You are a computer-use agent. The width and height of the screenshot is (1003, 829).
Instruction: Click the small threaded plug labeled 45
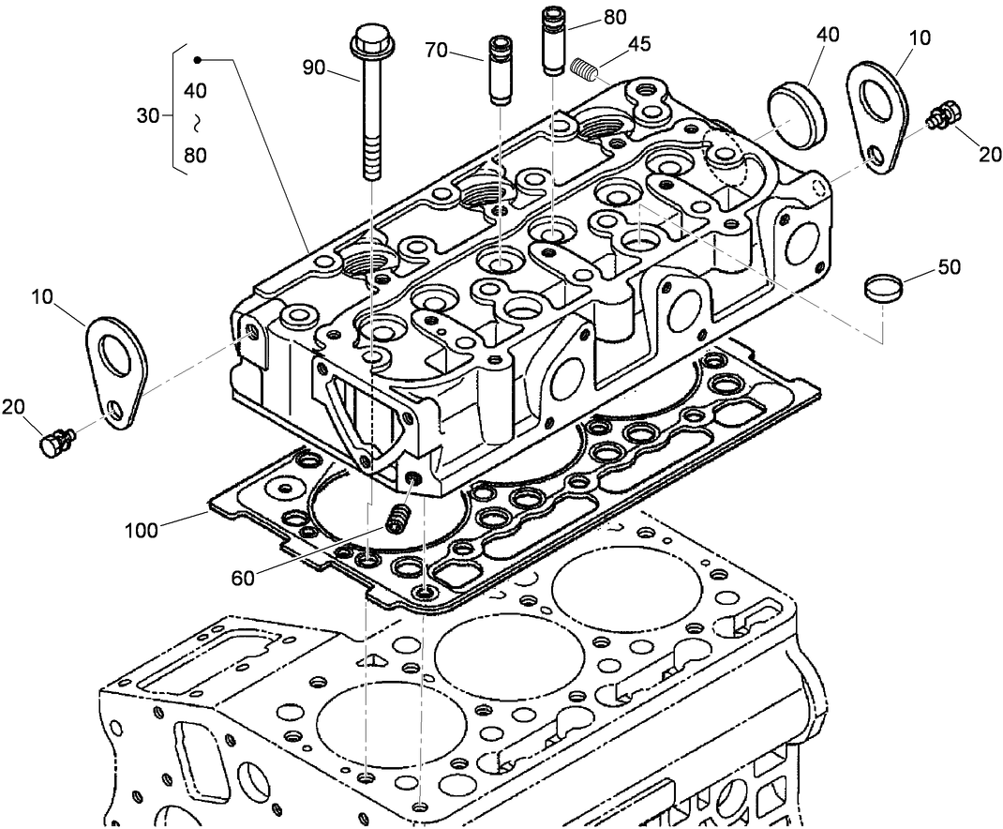[x=584, y=68]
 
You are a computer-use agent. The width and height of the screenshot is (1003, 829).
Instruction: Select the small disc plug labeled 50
[x=881, y=287]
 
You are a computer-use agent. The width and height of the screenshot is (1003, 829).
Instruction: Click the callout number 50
[x=949, y=267]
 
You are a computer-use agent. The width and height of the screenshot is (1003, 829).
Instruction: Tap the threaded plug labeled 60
[x=398, y=517]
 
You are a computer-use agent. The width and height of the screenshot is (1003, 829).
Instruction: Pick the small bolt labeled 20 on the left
[x=56, y=440]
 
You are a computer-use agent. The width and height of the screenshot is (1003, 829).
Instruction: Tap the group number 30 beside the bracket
[x=148, y=115]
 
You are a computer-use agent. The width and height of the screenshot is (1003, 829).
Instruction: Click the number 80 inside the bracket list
[x=195, y=156]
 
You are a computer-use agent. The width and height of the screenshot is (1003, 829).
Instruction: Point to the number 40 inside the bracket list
[x=195, y=91]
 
